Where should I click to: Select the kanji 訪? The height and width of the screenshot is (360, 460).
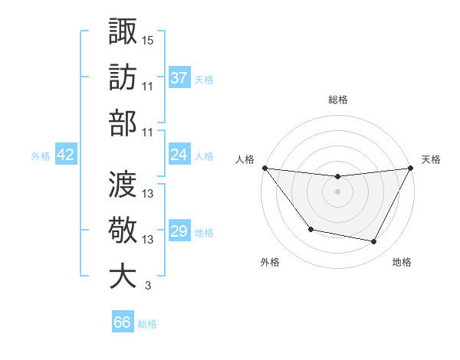tap(123, 77)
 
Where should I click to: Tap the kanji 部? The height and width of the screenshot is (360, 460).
tap(123, 123)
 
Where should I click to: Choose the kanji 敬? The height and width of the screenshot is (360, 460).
tap(123, 230)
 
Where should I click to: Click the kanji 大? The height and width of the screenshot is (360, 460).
tap(123, 277)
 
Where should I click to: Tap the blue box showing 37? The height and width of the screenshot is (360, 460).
tap(179, 77)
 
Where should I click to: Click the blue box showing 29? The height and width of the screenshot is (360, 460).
tap(179, 231)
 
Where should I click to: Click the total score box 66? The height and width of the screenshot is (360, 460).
tap(123, 322)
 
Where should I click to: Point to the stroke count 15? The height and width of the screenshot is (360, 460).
tap(148, 39)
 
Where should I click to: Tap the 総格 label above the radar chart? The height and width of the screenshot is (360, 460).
tap(337, 100)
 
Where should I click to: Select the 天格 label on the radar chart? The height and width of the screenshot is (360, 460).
tap(431, 159)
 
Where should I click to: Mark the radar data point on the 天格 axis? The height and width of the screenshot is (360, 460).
tap(412, 168)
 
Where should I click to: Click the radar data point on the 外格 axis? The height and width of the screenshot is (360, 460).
tap(310, 229)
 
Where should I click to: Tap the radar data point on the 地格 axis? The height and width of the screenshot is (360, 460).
tap(374, 242)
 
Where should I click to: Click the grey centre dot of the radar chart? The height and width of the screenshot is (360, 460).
tap(337, 191)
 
